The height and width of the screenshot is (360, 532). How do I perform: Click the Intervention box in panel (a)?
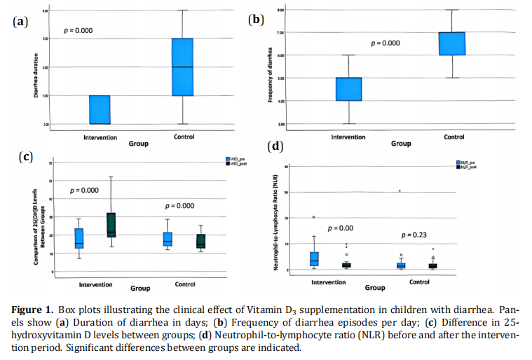coord(100,110)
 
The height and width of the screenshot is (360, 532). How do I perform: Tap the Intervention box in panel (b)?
coord(348,89)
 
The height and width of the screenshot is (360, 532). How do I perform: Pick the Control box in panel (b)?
coord(452,43)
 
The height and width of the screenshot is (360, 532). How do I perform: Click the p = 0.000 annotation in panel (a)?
coord(78,31)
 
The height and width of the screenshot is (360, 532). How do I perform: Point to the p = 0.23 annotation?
coord(414,235)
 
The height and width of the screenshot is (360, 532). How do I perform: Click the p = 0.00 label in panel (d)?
coord(341,228)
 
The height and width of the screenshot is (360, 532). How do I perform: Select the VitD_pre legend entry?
coord(237,159)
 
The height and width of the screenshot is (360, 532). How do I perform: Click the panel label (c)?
coord(25,156)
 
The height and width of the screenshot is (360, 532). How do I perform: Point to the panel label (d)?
coord(275,146)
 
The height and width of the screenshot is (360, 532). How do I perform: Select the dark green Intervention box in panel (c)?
coord(111,225)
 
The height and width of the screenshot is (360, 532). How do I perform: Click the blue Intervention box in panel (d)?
coord(314,258)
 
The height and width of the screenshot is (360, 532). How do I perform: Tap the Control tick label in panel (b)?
coord(453,137)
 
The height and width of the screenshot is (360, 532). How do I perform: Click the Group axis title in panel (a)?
coord(138,144)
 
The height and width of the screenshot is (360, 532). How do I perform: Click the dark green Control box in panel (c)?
coord(201,240)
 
